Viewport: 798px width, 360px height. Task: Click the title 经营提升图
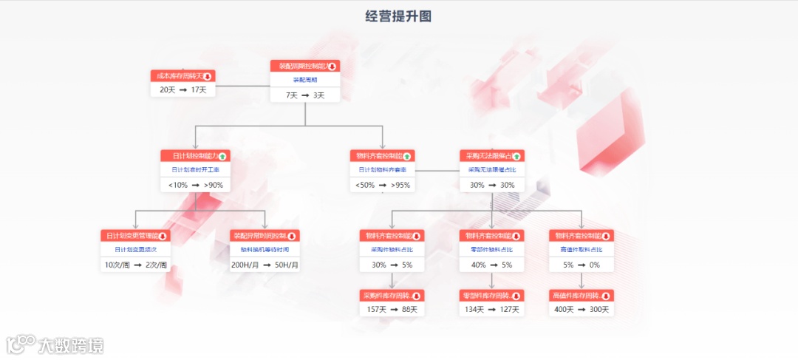(x=398, y=16)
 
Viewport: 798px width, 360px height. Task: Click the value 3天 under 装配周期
(x=318, y=95)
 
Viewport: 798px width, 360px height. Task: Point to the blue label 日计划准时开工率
(x=195, y=169)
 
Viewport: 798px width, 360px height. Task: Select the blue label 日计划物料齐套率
(x=382, y=169)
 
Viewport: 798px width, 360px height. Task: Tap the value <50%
(x=365, y=185)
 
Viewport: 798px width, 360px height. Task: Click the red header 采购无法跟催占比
(x=488, y=156)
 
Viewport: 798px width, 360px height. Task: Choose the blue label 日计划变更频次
(x=135, y=250)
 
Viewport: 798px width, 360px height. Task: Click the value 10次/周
(x=117, y=265)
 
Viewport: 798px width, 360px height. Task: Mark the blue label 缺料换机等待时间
(x=265, y=250)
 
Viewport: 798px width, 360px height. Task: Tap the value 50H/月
(x=287, y=265)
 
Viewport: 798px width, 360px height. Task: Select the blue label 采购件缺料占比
(x=392, y=250)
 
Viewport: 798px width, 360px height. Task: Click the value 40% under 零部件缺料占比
(x=479, y=265)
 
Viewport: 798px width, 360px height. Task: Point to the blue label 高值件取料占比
(x=581, y=250)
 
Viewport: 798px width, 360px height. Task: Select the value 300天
(x=597, y=309)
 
